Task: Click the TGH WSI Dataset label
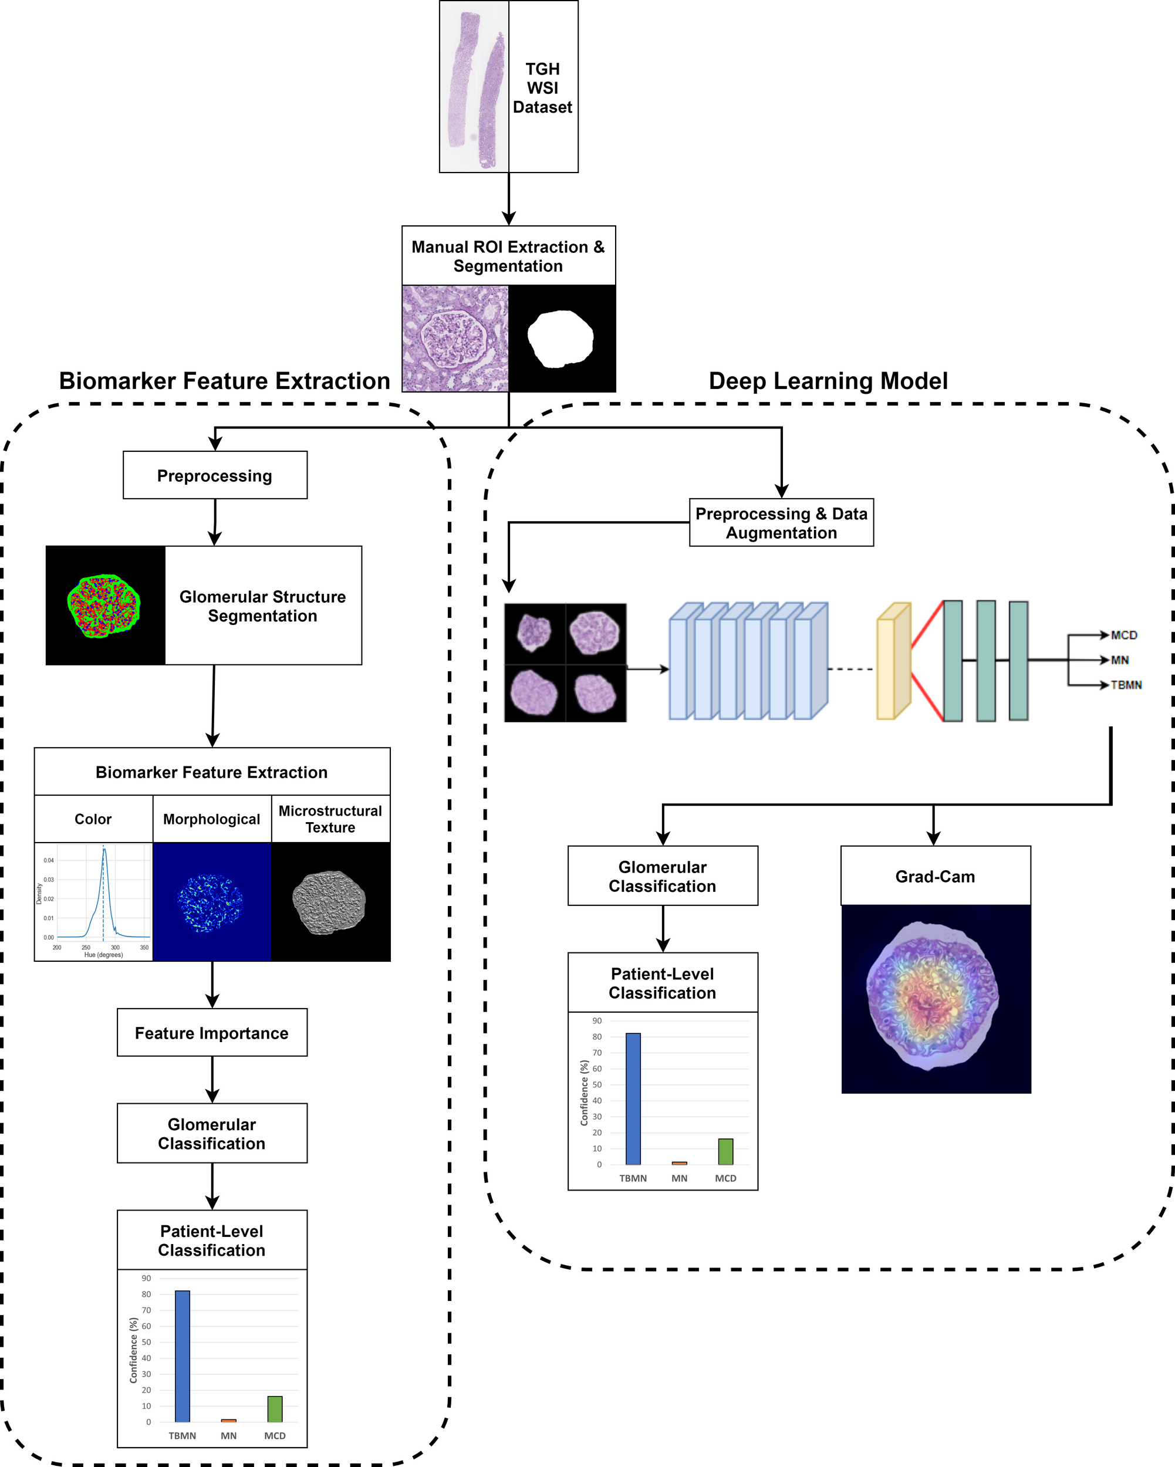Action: click(x=542, y=88)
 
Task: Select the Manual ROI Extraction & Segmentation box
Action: click(x=508, y=256)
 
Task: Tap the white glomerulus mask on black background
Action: click(x=561, y=338)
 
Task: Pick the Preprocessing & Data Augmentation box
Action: click(x=781, y=523)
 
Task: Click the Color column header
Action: click(x=93, y=819)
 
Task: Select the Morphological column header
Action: click(x=212, y=819)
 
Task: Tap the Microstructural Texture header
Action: click(x=330, y=819)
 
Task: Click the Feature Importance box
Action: click(x=212, y=1033)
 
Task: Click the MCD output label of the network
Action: click(x=1123, y=635)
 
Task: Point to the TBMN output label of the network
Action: click(x=1126, y=685)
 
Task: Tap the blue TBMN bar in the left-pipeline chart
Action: click(x=183, y=1356)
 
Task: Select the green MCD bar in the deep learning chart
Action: click(x=725, y=1151)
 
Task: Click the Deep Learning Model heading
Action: click(x=828, y=380)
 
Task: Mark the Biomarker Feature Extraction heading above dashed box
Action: click(x=225, y=380)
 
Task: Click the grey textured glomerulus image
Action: click(x=329, y=901)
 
